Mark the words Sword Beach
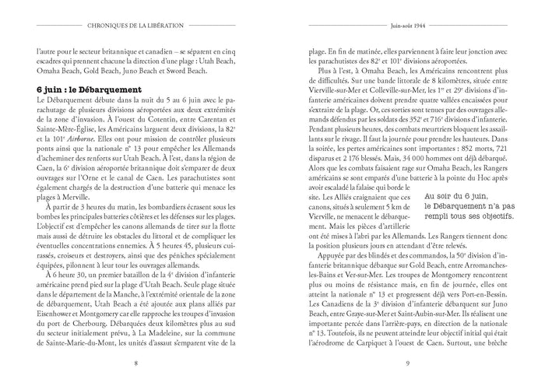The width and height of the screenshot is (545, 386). tap(186, 68)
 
